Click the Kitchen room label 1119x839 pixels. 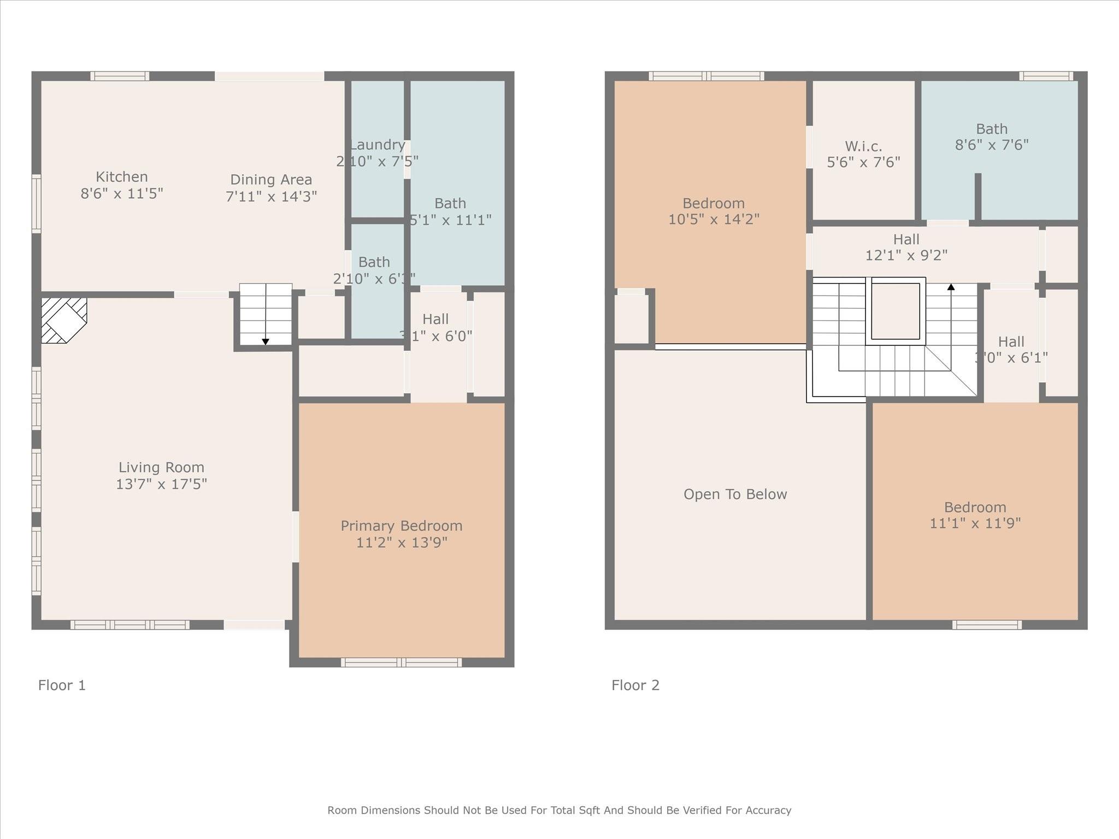[x=121, y=177]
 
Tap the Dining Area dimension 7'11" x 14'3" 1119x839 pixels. [x=271, y=196]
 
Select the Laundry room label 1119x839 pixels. [x=378, y=145]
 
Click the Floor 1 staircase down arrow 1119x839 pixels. [x=266, y=341]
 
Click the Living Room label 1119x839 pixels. [x=161, y=468]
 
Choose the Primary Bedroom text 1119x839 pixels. [x=401, y=526]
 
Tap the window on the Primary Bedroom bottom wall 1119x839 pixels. [x=401, y=663]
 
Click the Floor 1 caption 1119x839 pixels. [x=62, y=685]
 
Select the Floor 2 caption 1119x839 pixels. [x=635, y=685]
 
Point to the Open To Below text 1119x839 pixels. [x=735, y=494]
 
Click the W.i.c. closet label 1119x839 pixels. [x=863, y=146]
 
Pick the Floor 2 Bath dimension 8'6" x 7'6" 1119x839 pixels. [x=991, y=145]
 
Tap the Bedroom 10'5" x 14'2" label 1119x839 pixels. [x=714, y=204]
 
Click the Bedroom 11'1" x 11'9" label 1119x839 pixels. [x=975, y=507]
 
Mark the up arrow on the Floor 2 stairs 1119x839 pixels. [x=951, y=287]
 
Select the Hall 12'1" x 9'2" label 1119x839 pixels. [x=906, y=240]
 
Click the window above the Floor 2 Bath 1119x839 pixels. [x=1046, y=76]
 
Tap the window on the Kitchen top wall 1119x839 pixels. [x=120, y=76]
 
